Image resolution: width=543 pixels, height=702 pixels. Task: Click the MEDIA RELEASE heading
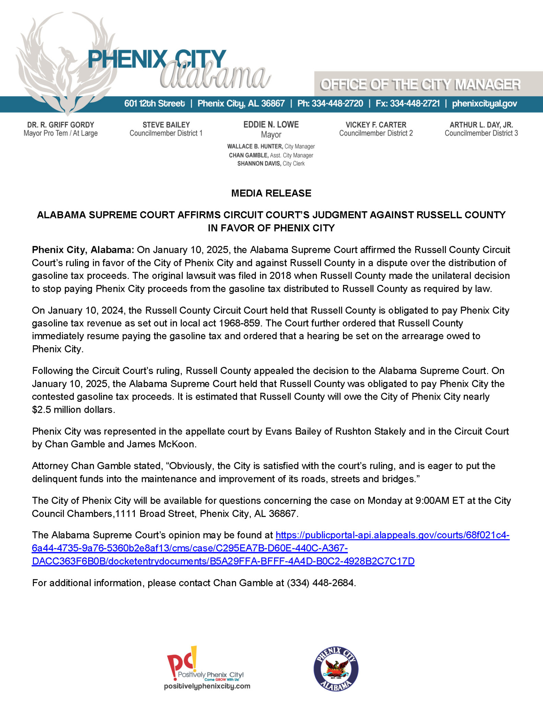tap(271, 193)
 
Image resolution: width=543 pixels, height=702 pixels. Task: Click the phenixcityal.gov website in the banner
tap(484, 104)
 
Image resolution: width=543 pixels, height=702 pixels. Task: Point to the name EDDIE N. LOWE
tap(271, 124)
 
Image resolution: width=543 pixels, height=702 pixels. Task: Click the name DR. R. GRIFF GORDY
tap(61, 125)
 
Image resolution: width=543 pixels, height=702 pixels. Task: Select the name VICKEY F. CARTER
tap(376, 125)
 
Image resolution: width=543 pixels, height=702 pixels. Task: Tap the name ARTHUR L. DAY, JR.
tap(481, 125)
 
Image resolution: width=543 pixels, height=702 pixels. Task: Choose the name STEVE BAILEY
tap(166, 125)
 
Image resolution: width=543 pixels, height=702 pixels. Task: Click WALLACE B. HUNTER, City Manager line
tap(271, 147)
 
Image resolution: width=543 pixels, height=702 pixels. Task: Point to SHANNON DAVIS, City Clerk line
tap(271, 164)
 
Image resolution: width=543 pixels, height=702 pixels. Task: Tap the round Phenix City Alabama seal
tap(336, 669)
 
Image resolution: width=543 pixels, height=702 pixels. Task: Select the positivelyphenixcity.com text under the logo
tap(207, 686)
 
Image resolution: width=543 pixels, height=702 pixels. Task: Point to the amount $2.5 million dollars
tap(73, 410)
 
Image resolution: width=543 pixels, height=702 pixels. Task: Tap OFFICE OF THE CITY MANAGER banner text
tap(420, 85)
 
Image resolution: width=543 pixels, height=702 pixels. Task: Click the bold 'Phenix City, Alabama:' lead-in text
tap(83, 250)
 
